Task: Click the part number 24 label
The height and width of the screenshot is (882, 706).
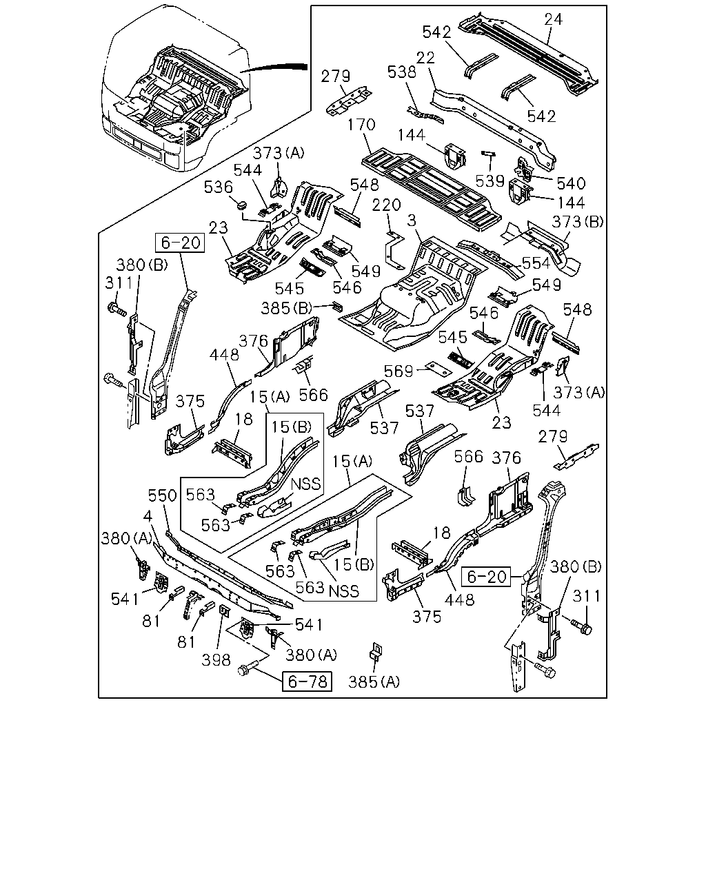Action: (554, 19)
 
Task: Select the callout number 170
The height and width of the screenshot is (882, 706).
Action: (361, 125)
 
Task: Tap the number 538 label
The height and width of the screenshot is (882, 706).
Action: (402, 72)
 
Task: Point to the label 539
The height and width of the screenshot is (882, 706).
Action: (490, 181)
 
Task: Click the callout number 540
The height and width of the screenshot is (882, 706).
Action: (571, 183)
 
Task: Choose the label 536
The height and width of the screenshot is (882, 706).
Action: (219, 187)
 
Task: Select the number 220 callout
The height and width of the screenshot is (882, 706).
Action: (386, 205)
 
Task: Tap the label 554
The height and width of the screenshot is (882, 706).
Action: (536, 263)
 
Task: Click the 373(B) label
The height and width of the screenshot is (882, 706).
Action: (578, 222)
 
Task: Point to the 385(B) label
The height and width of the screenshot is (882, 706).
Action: (287, 308)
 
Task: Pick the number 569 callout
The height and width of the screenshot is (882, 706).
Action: (399, 371)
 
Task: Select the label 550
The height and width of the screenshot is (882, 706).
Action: (163, 496)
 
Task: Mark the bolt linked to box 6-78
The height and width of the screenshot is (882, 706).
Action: (247, 670)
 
